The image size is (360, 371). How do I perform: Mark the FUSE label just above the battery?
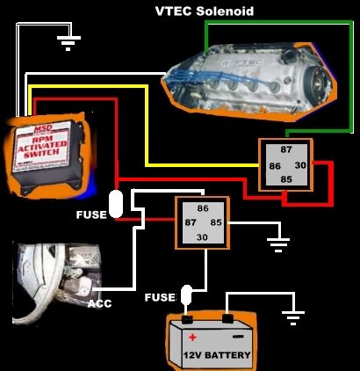tap(159, 297)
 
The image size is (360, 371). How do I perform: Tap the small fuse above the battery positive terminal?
tap(186, 294)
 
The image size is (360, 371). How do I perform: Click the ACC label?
tap(99, 303)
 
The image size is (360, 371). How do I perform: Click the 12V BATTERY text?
tap(216, 356)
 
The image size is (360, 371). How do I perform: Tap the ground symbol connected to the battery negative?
tap(292, 316)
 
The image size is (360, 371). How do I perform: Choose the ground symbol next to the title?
tap(66, 38)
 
